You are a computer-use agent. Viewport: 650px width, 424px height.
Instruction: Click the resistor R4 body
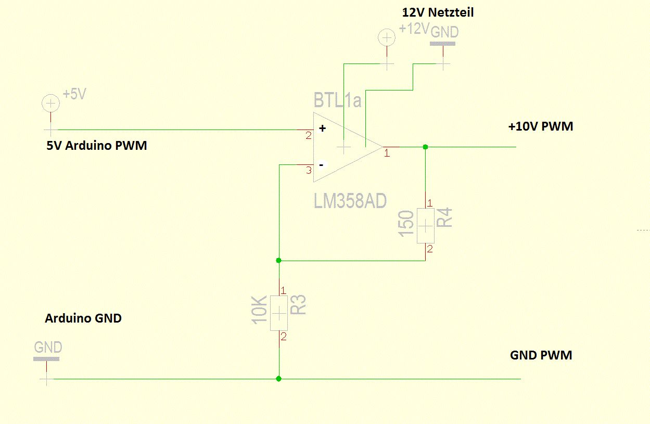(x=426, y=225)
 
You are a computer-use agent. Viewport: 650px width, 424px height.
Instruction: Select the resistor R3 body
(x=279, y=313)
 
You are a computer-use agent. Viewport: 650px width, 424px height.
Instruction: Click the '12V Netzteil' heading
(x=438, y=11)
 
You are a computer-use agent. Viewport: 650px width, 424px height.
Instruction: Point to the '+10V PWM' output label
(x=541, y=126)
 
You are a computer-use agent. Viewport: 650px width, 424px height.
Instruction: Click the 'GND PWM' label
(x=541, y=355)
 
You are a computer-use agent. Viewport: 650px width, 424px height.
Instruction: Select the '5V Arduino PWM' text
(x=97, y=146)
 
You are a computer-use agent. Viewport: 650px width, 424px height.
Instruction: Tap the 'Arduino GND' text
(x=83, y=318)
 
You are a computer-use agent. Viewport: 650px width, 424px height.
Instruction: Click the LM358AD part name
(x=350, y=200)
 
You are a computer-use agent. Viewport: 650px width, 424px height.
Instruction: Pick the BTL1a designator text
(x=337, y=100)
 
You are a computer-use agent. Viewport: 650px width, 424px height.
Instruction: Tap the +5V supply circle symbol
(x=50, y=104)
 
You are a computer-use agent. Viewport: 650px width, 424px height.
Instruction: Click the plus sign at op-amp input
(x=322, y=129)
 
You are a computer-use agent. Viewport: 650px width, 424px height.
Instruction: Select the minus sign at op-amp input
(x=322, y=165)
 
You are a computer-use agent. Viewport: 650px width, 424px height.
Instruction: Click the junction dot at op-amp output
(x=425, y=147)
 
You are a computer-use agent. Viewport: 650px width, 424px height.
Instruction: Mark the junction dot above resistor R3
(x=279, y=260)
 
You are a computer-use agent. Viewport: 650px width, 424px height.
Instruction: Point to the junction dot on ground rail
(x=279, y=379)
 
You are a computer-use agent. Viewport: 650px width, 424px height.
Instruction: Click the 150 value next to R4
(x=406, y=223)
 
